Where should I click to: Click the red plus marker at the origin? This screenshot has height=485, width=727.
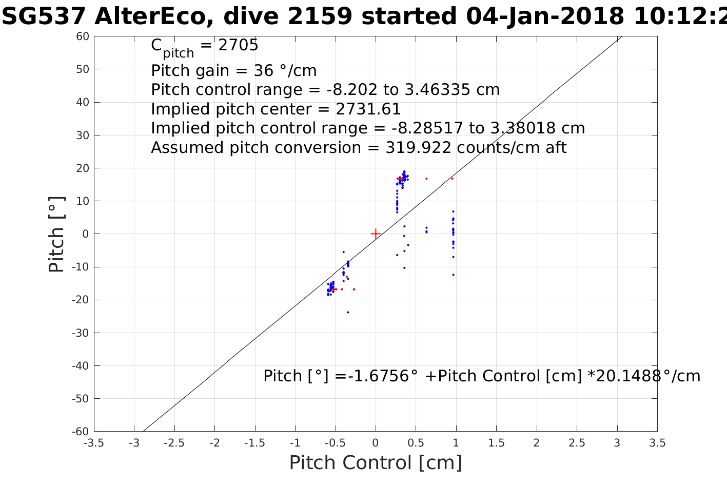(x=376, y=234)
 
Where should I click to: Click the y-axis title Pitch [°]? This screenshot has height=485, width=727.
(x=56, y=234)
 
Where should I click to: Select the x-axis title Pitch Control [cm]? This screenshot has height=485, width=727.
(x=376, y=462)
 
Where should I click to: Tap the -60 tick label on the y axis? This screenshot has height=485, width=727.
(x=81, y=432)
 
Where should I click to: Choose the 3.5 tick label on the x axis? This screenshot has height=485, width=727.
(x=657, y=443)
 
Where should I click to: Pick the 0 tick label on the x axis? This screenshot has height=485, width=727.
(x=376, y=443)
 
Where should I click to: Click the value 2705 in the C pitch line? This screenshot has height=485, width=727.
(x=238, y=46)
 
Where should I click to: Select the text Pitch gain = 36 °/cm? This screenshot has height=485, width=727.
(x=233, y=70)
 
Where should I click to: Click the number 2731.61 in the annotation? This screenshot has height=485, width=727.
(x=368, y=109)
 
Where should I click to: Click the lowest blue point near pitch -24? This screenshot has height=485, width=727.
(x=348, y=312)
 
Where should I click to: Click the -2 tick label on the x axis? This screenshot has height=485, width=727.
(x=214, y=443)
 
